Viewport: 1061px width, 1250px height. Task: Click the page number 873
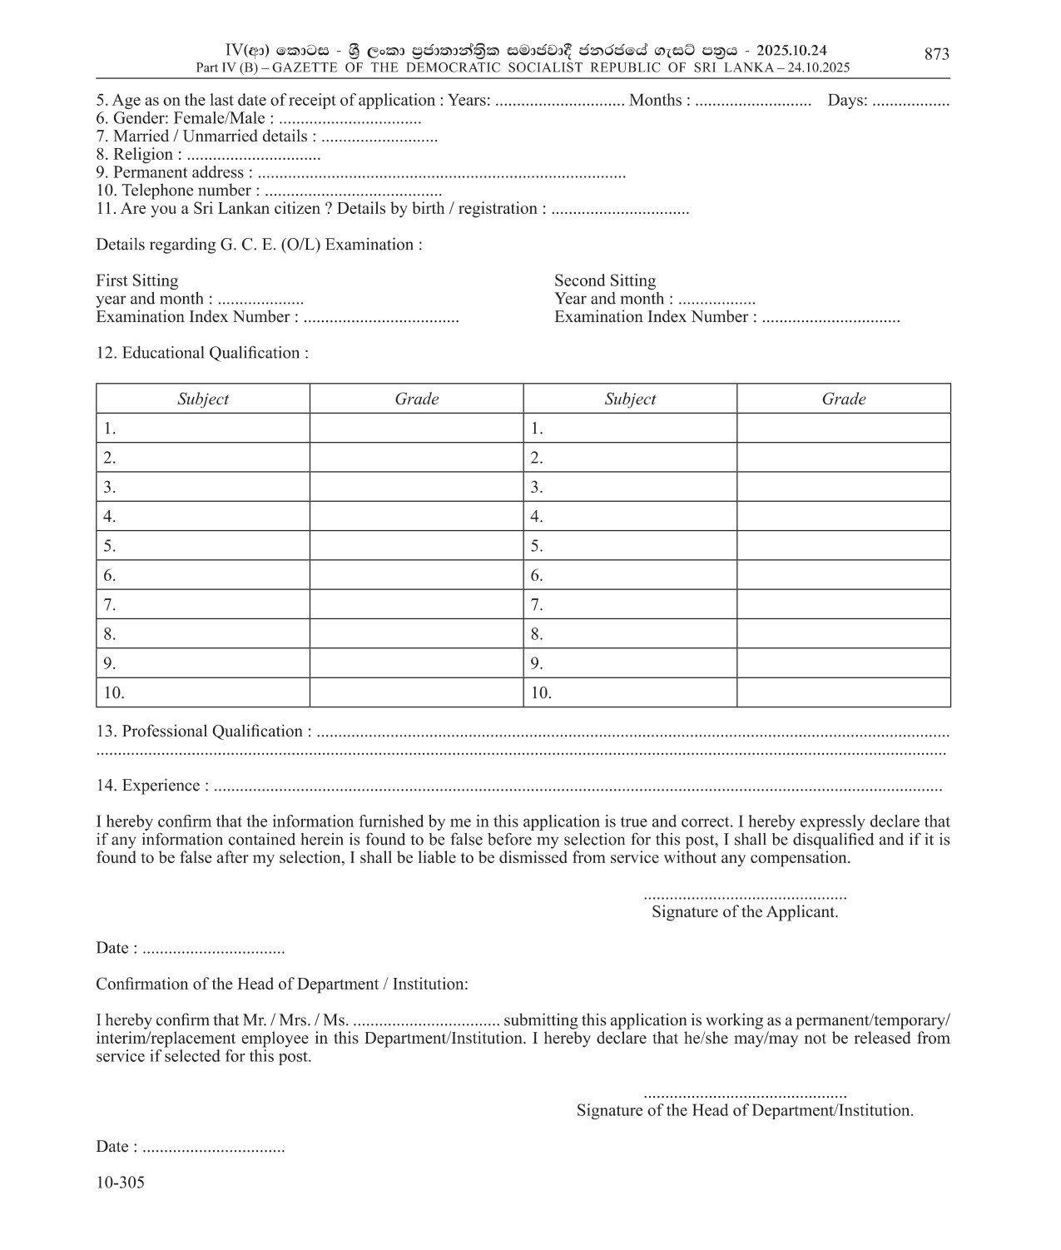coord(936,54)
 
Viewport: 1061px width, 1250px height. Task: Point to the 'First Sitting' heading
coord(136,280)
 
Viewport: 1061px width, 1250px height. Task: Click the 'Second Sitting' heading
coord(605,280)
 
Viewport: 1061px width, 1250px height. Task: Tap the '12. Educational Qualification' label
coord(202,353)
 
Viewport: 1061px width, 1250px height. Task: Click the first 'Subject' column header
coord(203,399)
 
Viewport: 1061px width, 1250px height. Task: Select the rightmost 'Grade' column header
coord(844,399)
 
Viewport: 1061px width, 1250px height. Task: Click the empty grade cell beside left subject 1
coord(416,429)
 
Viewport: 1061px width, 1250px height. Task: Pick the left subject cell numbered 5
coord(203,546)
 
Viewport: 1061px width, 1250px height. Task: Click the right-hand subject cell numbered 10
coord(630,692)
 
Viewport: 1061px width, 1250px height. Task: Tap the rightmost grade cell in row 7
coord(844,604)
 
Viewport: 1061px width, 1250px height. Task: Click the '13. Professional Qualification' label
coord(204,732)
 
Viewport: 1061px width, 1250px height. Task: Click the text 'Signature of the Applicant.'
coord(745,912)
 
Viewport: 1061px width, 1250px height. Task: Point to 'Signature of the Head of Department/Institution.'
coord(745,1110)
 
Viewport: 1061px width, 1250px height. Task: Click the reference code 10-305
coord(120,1183)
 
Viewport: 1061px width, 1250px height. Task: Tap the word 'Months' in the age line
coord(656,101)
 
